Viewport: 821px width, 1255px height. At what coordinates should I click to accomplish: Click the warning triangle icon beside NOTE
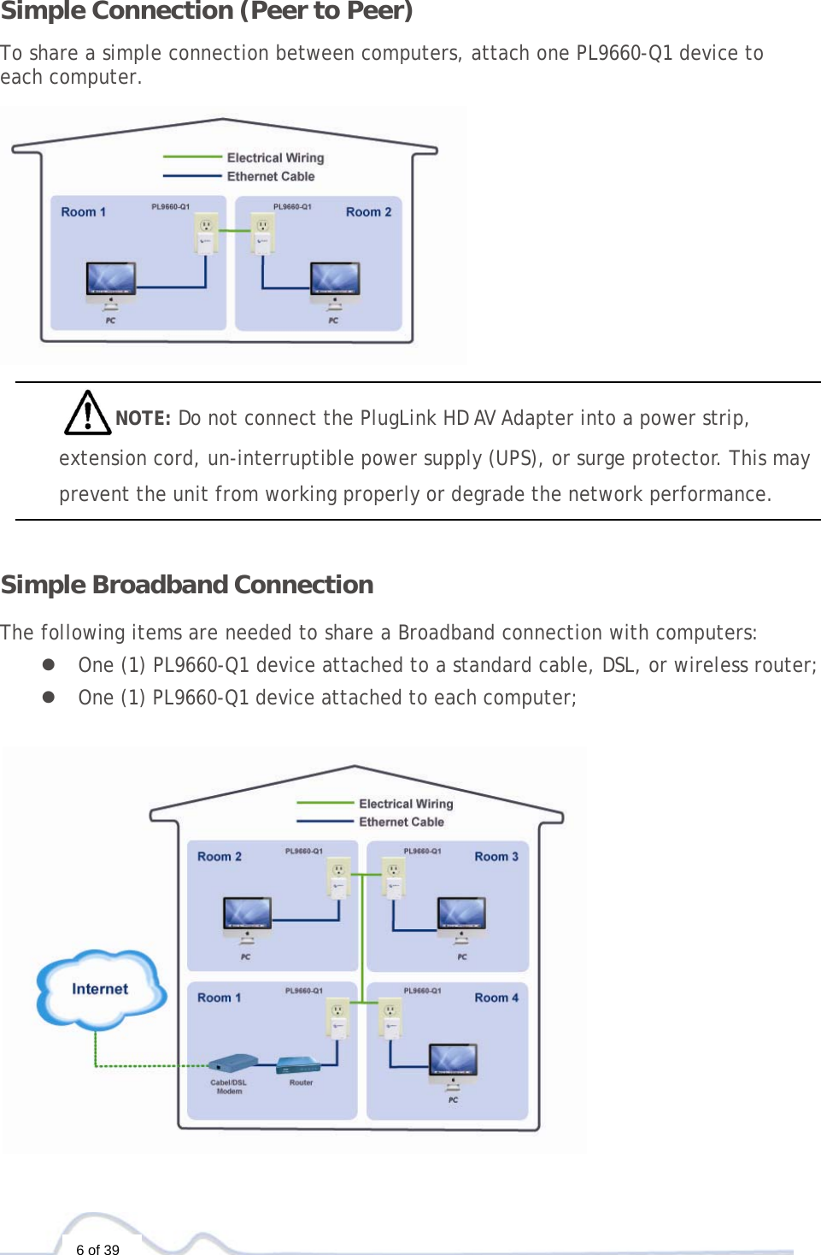[87, 413]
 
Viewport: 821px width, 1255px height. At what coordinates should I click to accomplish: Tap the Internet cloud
[100, 989]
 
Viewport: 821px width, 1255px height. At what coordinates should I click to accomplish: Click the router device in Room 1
[298, 1065]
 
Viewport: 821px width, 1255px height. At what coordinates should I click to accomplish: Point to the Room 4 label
[496, 998]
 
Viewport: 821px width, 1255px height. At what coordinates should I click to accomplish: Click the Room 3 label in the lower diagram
[496, 857]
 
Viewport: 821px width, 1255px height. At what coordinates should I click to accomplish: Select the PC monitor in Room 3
[461, 916]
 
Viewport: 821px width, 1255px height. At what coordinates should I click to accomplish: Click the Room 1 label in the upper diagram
[83, 212]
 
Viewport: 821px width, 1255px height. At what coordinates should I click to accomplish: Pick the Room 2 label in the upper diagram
[368, 212]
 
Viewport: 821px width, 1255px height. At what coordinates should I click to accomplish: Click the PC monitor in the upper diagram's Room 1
[111, 280]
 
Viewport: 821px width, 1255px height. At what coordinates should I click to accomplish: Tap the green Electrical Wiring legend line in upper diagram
[192, 157]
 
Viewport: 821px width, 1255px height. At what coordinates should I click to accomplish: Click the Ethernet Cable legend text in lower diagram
[402, 822]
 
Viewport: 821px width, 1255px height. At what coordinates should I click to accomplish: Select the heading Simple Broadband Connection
[187, 585]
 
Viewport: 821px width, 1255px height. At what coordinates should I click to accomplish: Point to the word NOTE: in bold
[143, 418]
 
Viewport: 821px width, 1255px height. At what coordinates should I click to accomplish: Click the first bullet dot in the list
[49, 665]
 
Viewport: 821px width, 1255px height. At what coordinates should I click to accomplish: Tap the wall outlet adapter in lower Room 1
[339, 1017]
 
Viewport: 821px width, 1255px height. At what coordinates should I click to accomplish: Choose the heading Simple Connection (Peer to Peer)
[207, 11]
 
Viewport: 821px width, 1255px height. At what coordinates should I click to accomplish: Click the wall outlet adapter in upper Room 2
[262, 233]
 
